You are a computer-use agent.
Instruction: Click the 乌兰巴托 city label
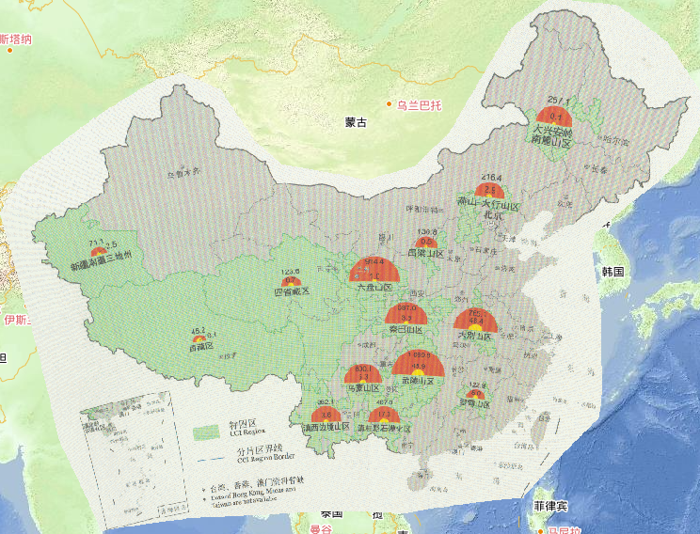[419, 104]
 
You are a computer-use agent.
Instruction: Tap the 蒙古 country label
[356, 122]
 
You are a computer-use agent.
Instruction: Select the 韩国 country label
[614, 271]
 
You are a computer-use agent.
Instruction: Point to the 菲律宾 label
[549, 506]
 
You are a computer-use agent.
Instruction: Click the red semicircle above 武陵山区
[415, 365]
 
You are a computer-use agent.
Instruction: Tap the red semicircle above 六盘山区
[374, 273]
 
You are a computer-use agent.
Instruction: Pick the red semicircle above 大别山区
[474, 320]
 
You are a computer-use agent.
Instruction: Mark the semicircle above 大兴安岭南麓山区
[553, 108]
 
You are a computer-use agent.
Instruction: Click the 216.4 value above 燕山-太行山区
[492, 177]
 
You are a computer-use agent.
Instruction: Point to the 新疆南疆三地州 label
[107, 266]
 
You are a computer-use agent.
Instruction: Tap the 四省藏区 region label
[291, 292]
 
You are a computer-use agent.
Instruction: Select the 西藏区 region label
[201, 346]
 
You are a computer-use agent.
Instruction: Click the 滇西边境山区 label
[331, 428]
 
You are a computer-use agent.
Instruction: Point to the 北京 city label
[492, 214]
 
